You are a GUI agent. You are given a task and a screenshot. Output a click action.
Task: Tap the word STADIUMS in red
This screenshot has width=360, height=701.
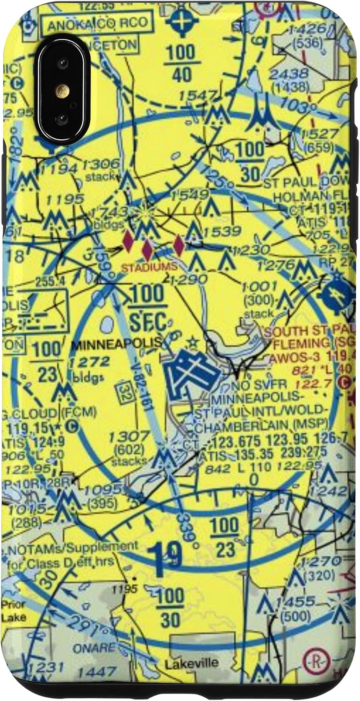150,267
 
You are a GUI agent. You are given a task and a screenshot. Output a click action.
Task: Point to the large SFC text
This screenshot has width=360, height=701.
147,322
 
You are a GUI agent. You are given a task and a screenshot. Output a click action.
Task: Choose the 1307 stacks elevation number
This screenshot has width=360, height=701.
123,437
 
